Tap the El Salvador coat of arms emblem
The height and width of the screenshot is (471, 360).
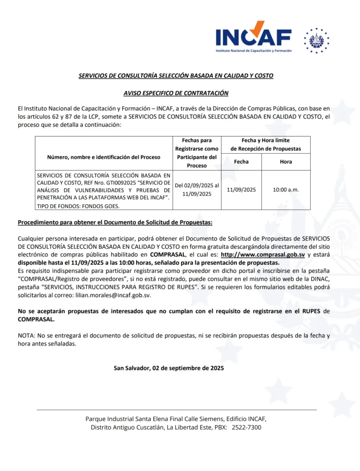pos(316,40)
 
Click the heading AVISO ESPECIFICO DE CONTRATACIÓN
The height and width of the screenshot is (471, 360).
pos(176,93)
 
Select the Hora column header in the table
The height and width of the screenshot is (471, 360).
pos(286,162)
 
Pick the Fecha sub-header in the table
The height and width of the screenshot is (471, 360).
pos(241,162)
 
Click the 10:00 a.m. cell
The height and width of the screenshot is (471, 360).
pos(286,190)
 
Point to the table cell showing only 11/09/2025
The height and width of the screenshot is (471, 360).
pos(241,190)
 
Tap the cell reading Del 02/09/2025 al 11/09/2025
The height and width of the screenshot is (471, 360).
pos(197,190)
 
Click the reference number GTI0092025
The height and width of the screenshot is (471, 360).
pos(120,183)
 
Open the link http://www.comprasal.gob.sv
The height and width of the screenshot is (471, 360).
pos(263,254)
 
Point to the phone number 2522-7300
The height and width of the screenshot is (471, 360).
pos(246,427)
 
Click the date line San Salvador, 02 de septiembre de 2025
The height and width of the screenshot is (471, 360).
pos(169,368)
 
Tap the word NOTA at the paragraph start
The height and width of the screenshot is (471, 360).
pos(26,335)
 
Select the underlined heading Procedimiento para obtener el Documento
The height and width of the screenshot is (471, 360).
pos(115,223)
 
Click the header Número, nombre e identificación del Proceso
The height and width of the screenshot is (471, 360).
pos(104,157)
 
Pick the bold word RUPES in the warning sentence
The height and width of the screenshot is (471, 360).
pos(312,311)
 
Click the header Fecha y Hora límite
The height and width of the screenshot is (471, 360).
pos(266,140)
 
